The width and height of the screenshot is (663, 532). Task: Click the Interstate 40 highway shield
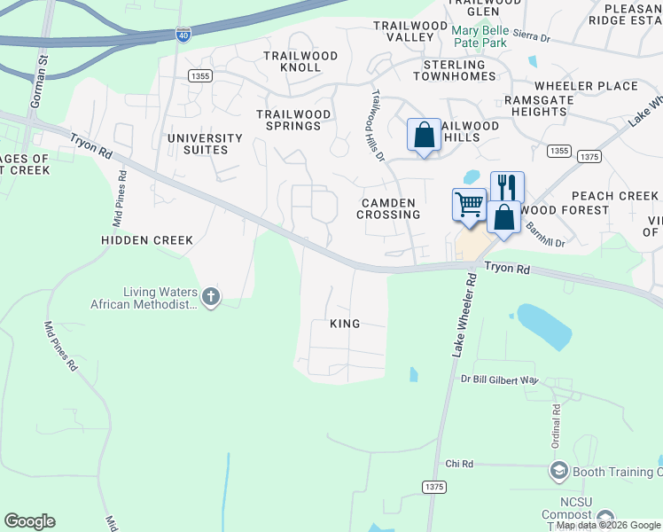pyautogui.click(x=183, y=35)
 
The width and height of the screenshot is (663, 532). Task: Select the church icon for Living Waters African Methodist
pyautogui.click(x=210, y=297)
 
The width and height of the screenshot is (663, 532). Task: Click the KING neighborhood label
pyautogui.click(x=345, y=324)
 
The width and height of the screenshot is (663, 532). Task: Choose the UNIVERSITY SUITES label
pyautogui.click(x=205, y=144)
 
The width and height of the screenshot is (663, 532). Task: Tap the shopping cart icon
pyautogui.click(x=469, y=203)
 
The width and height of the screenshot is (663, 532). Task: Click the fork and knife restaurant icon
pyautogui.click(x=507, y=186)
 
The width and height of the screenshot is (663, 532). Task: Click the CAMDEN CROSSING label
pyautogui.click(x=389, y=208)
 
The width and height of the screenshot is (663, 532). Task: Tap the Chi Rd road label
pyautogui.click(x=459, y=464)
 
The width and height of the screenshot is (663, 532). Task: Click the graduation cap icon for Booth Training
pyautogui.click(x=558, y=471)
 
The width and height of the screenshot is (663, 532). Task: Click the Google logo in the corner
pyautogui.click(x=29, y=521)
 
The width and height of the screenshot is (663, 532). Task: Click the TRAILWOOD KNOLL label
pyautogui.click(x=300, y=61)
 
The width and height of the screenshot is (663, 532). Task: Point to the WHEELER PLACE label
pyautogui.click(x=586, y=86)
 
